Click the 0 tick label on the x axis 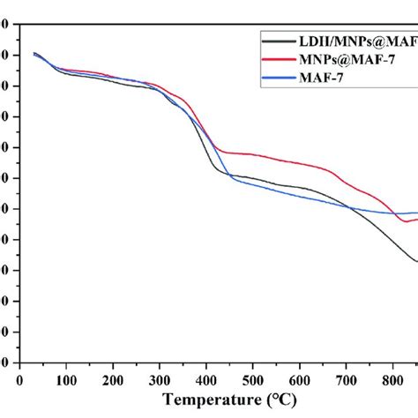(x=19, y=379)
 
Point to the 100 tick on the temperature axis (x=66, y=379)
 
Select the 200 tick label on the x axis (x=113, y=379)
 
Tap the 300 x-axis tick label (x=160, y=379)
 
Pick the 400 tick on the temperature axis (x=205, y=379)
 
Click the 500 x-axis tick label (x=252, y=379)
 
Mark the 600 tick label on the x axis (x=299, y=379)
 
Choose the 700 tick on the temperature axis (x=346, y=379)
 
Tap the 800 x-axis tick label (x=392, y=379)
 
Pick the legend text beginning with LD (x=358, y=41)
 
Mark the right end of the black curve (x=416, y=261)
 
